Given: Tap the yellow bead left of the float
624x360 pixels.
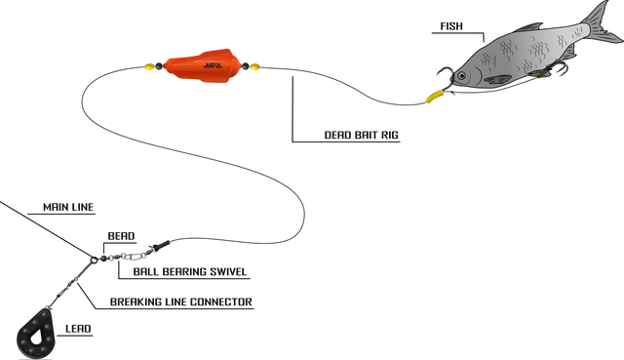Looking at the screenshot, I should pos(148,68).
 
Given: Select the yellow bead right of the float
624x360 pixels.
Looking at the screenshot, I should pos(254,69).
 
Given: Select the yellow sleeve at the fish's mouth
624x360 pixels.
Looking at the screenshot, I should pos(433,95).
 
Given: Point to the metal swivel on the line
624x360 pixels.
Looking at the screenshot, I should pos(127,256).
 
